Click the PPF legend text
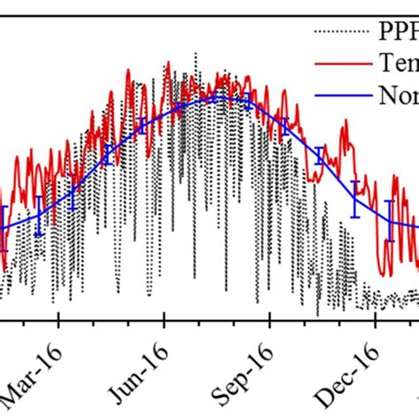[x=399, y=34]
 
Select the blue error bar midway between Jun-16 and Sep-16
[x=213, y=99]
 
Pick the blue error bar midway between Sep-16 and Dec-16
[x=319, y=156]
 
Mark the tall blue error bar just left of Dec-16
[x=355, y=199]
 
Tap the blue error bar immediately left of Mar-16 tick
[x=39, y=217]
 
